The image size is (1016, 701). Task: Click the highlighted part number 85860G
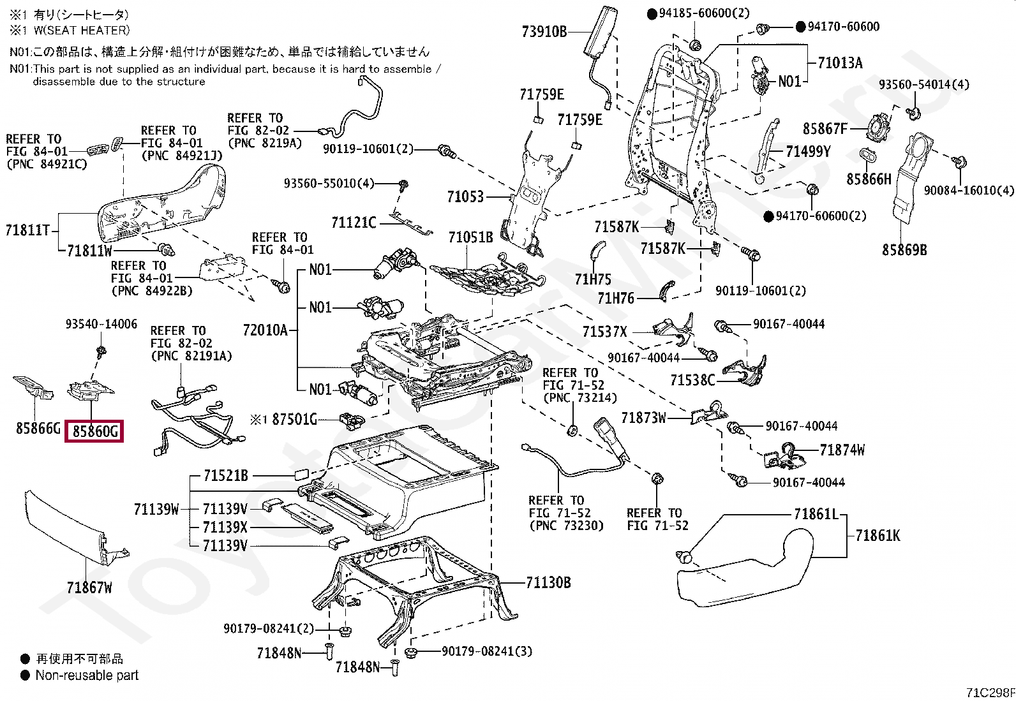click(95, 431)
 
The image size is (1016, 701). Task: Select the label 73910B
click(544, 32)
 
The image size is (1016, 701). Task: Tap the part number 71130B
click(548, 582)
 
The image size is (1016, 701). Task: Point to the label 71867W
click(89, 587)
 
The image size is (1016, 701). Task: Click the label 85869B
click(904, 250)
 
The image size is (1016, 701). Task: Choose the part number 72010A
click(265, 330)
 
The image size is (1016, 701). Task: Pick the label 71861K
click(878, 536)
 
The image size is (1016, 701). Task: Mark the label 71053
click(465, 197)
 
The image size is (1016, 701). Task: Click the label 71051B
click(470, 237)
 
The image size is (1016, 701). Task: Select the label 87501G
click(294, 420)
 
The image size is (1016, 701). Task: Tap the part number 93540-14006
click(101, 324)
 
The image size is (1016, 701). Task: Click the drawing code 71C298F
click(990, 692)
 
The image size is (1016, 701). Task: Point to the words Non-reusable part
click(87, 675)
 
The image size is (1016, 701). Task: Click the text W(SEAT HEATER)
click(82, 31)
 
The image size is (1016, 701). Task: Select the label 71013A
click(840, 63)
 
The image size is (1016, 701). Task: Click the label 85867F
click(825, 129)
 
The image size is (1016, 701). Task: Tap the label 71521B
click(226, 475)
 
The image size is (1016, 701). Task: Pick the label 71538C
click(692, 380)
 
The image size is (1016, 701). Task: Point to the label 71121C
click(354, 223)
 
